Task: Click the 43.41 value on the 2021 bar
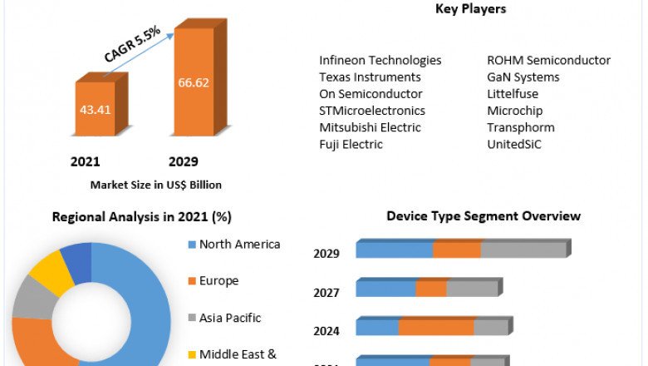point(96,108)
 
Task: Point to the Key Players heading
point(470,9)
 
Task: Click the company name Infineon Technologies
point(380,61)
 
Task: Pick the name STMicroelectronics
point(371,111)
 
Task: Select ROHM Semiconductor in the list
point(548,61)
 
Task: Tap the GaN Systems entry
point(523,77)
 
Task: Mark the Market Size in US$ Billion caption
point(155,185)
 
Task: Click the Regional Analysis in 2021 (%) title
point(141,217)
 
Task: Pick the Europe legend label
point(218,281)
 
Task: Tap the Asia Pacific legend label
point(230,318)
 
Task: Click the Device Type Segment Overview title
point(484,216)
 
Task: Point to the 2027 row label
point(326,293)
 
